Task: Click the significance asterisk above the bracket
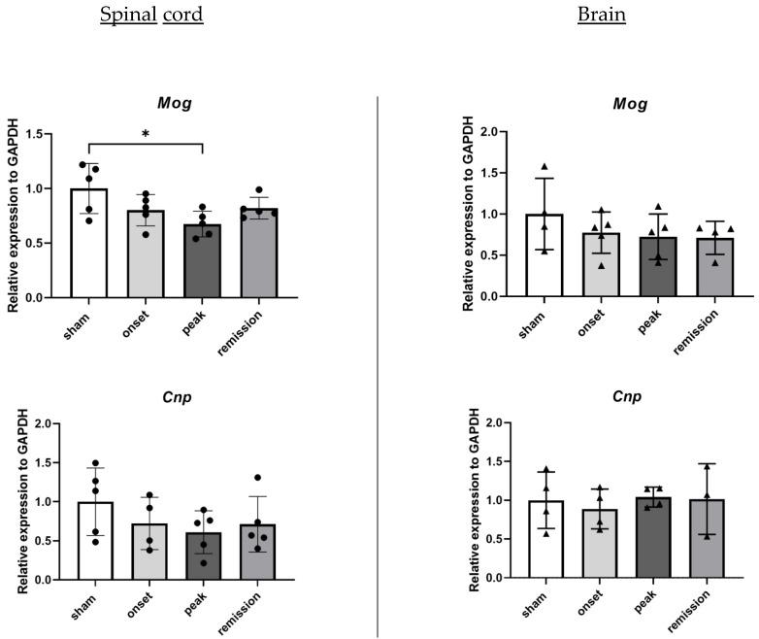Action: (145, 134)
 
